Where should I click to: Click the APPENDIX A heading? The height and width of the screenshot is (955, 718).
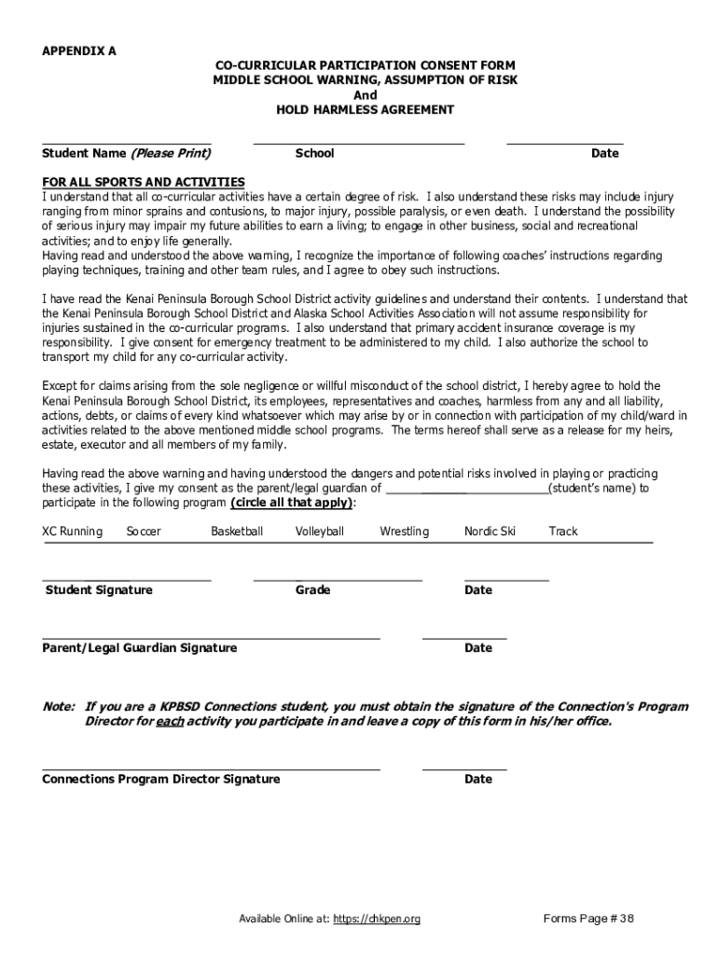click(x=79, y=51)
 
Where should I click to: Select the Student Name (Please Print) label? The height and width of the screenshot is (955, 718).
click(x=126, y=153)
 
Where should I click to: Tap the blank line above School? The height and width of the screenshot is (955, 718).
click(x=359, y=144)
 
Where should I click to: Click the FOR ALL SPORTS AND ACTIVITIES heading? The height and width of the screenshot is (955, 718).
click(x=144, y=182)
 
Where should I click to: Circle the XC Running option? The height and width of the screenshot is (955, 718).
click(x=72, y=532)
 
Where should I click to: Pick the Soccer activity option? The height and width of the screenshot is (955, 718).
click(x=144, y=532)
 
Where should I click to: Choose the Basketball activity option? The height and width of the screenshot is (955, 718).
click(x=237, y=532)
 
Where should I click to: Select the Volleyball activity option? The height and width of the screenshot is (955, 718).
click(x=320, y=532)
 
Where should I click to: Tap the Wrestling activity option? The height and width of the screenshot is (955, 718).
click(x=404, y=532)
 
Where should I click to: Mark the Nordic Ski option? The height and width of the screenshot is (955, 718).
click(x=490, y=532)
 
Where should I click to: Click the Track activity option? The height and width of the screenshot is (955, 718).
click(x=563, y=532)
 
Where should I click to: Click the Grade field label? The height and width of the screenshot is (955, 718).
click(x=313, y=590)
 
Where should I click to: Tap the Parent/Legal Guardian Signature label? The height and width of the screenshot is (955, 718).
click(x=140, y=648)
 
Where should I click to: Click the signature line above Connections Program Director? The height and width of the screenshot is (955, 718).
click(x=211, y=769)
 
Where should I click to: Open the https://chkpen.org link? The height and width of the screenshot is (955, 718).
click(x=377, y=920)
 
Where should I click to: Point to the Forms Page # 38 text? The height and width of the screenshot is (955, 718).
click(x=588, y=920)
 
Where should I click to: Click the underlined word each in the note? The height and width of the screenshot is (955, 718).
click(x=170, y=722)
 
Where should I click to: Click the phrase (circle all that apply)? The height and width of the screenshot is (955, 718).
click(x=292, y=503)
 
